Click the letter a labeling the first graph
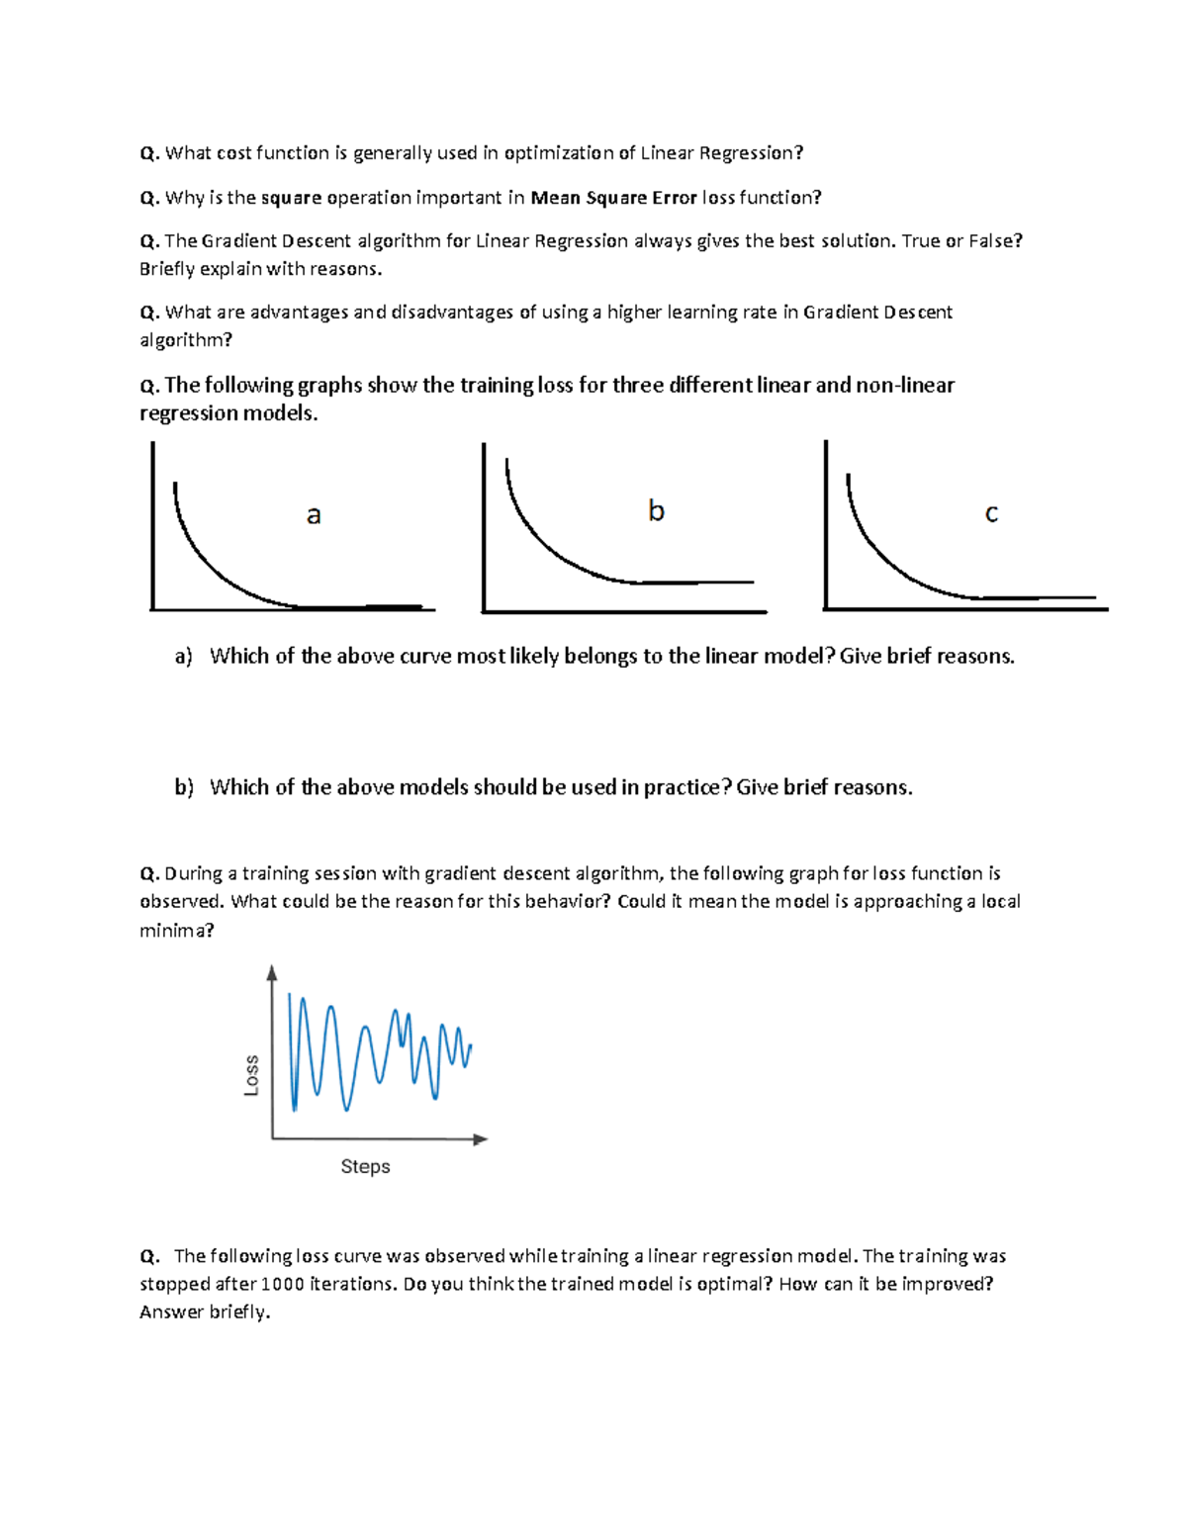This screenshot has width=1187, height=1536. click(314, 515)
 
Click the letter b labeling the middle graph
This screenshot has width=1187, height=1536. click(656, 510)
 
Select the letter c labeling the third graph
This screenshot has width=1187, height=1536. click(991, 513)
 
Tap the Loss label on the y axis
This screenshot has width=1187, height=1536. click(251, 1075)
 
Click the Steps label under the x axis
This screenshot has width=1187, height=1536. click(365, 1166)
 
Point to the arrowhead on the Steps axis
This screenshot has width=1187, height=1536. click(481, 1139)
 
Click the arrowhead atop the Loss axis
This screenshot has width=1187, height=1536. click(272, 973)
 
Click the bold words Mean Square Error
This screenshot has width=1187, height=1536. click(613, 198)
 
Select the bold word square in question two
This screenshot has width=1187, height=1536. click(291, 198)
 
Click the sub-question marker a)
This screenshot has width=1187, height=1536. click(183, 657)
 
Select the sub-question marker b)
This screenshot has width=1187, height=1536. click(184, 787)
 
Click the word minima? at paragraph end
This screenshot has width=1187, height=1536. click(176, 930)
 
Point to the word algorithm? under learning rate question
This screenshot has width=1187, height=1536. click(185, 340)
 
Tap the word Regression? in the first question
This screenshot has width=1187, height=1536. click(751, 153)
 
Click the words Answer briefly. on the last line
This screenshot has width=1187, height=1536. click(205, 1311)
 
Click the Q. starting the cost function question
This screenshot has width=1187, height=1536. click(149, 153)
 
